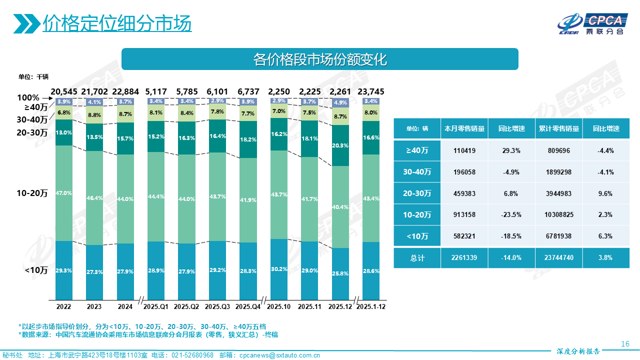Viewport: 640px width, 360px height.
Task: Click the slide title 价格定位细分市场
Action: [117, 23]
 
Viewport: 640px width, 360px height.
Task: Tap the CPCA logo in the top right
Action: [592, 23]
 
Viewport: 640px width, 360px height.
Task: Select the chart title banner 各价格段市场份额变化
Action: [320, 59]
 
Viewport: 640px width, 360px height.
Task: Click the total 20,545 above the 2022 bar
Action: [64, 91]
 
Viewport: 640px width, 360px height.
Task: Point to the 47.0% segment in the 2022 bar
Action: [64, 193]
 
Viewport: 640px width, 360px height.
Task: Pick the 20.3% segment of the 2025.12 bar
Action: [340, 145]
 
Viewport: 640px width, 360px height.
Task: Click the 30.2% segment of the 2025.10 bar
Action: [279, 269]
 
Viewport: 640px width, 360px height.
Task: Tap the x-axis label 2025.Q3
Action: [217, 306]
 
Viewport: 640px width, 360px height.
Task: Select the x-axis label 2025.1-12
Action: [371, 306]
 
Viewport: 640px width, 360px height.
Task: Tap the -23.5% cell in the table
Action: [511, 215]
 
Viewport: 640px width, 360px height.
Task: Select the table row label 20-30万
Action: [416, 193]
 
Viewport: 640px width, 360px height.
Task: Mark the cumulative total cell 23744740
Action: [559, 258]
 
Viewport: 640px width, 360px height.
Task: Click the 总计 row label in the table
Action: [416, 258]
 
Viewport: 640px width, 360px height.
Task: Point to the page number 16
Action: [625, 344]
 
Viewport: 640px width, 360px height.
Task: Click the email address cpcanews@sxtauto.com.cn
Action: [280, 355]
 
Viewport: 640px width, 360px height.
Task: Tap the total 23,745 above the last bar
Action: [371, 91]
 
